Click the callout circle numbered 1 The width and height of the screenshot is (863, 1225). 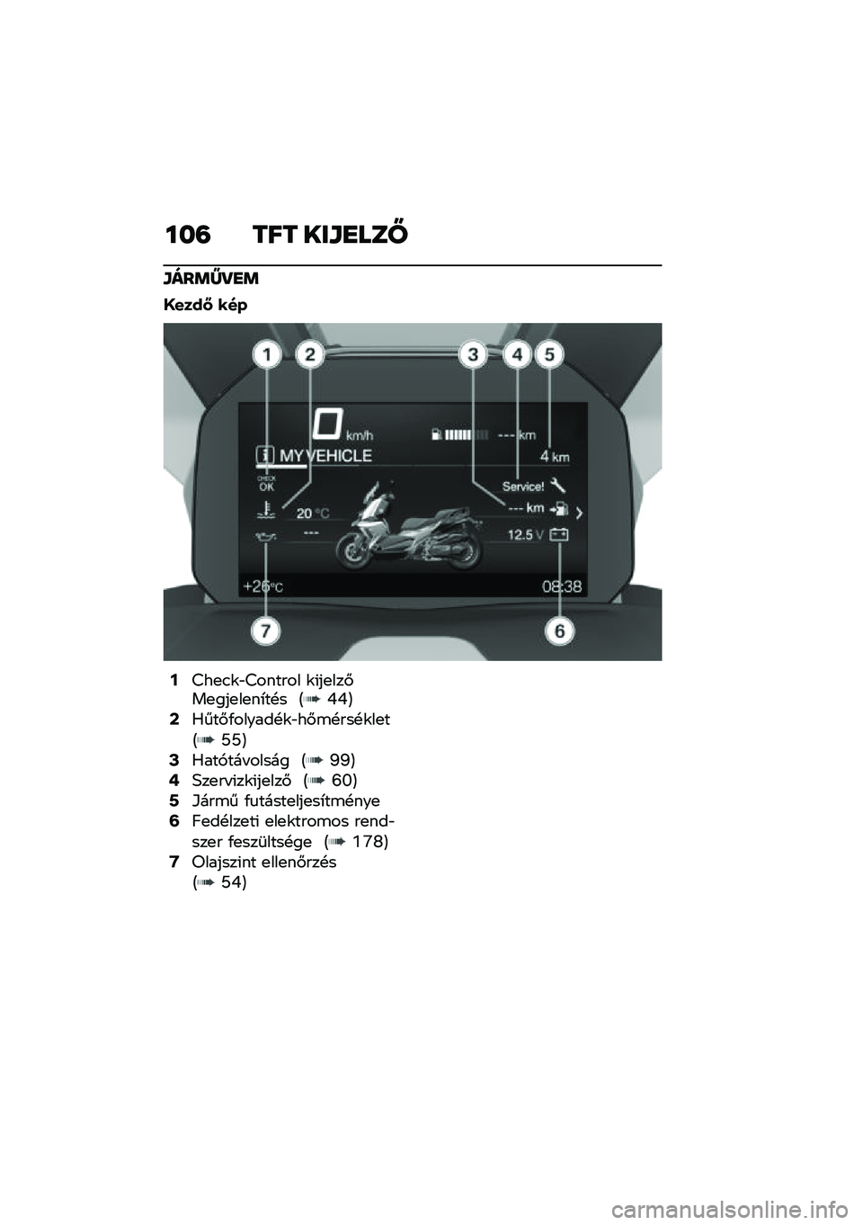[266, 356]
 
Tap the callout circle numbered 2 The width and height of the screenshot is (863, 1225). [310, 356]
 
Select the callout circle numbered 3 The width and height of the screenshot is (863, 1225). [474, 355]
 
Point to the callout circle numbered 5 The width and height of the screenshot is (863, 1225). [550, 355]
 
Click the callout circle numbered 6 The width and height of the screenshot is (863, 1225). [560, 631]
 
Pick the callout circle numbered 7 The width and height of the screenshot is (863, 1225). [265, 631]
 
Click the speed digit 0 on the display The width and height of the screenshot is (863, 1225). [328, 425]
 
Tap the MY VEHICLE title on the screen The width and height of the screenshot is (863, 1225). [325, 456]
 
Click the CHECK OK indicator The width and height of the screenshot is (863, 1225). [267, 484]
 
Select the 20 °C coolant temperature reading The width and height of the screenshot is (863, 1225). [313, 514]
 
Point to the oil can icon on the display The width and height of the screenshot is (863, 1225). [265, 538]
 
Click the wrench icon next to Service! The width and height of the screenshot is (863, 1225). [558, 485]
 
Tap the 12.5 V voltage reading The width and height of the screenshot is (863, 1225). [525, 535]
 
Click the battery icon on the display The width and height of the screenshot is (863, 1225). [559, 535]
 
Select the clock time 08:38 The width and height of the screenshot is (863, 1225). [562, 587]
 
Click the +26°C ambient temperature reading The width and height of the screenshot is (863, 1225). [263, 586]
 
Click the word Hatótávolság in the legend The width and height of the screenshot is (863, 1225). [241, 760]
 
